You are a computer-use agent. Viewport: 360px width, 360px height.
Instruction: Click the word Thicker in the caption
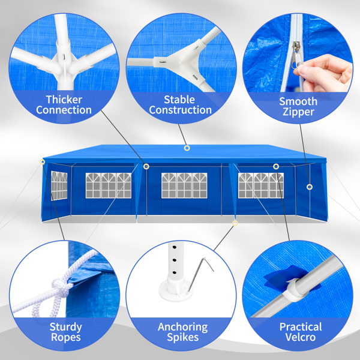click(64, 100)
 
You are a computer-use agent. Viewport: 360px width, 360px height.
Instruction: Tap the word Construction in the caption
click(180, 110)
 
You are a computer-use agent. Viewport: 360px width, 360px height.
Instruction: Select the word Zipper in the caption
click(298, 112)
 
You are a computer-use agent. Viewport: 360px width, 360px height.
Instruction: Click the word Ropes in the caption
click(65, 337)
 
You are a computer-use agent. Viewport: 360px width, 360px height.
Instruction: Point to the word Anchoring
click(183, 327)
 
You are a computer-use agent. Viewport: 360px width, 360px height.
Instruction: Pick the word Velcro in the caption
click(301, 337)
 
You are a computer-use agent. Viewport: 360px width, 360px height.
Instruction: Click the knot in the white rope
click(60, 286)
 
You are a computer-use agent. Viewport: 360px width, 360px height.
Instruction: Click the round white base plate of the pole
click(176, 290)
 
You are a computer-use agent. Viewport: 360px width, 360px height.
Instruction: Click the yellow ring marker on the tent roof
click(187, 148)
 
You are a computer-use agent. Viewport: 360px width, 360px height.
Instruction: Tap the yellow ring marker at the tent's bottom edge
click(235, 223)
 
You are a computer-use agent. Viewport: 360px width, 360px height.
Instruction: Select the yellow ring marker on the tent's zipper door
click(310, 187)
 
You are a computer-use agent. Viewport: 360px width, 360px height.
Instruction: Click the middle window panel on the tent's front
click(184, 185)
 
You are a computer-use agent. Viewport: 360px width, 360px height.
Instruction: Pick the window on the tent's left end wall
click(59, 185)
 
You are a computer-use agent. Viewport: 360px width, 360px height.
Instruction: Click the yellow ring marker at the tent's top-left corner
click(42, 162)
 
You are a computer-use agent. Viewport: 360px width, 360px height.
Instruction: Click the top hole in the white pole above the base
click(174, 248)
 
